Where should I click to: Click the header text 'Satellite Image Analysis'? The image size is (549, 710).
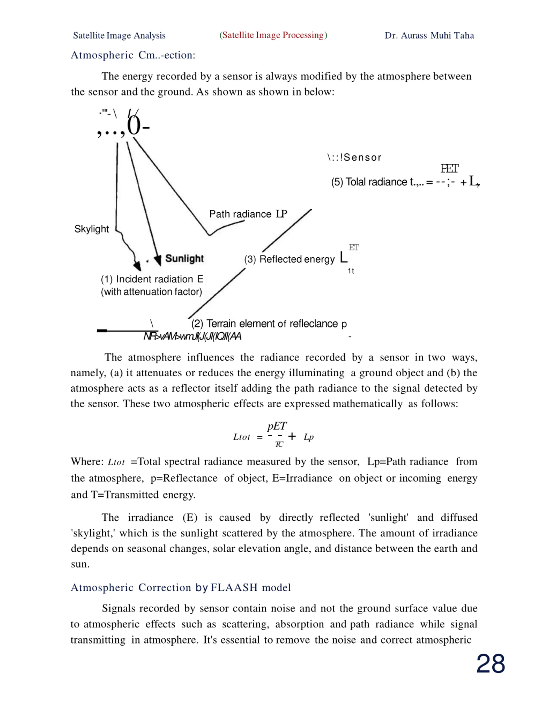click(119, 35)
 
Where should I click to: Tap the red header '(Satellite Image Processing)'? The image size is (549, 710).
click(273, 35)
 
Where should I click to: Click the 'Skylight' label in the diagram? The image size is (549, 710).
click(91, 229)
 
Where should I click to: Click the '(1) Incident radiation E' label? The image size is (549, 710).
click(152, 279)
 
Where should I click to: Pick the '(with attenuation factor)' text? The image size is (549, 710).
click(151, 292)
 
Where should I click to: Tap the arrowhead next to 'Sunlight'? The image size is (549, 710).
click(158, 260)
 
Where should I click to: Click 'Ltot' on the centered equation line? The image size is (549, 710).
click(242, 437)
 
